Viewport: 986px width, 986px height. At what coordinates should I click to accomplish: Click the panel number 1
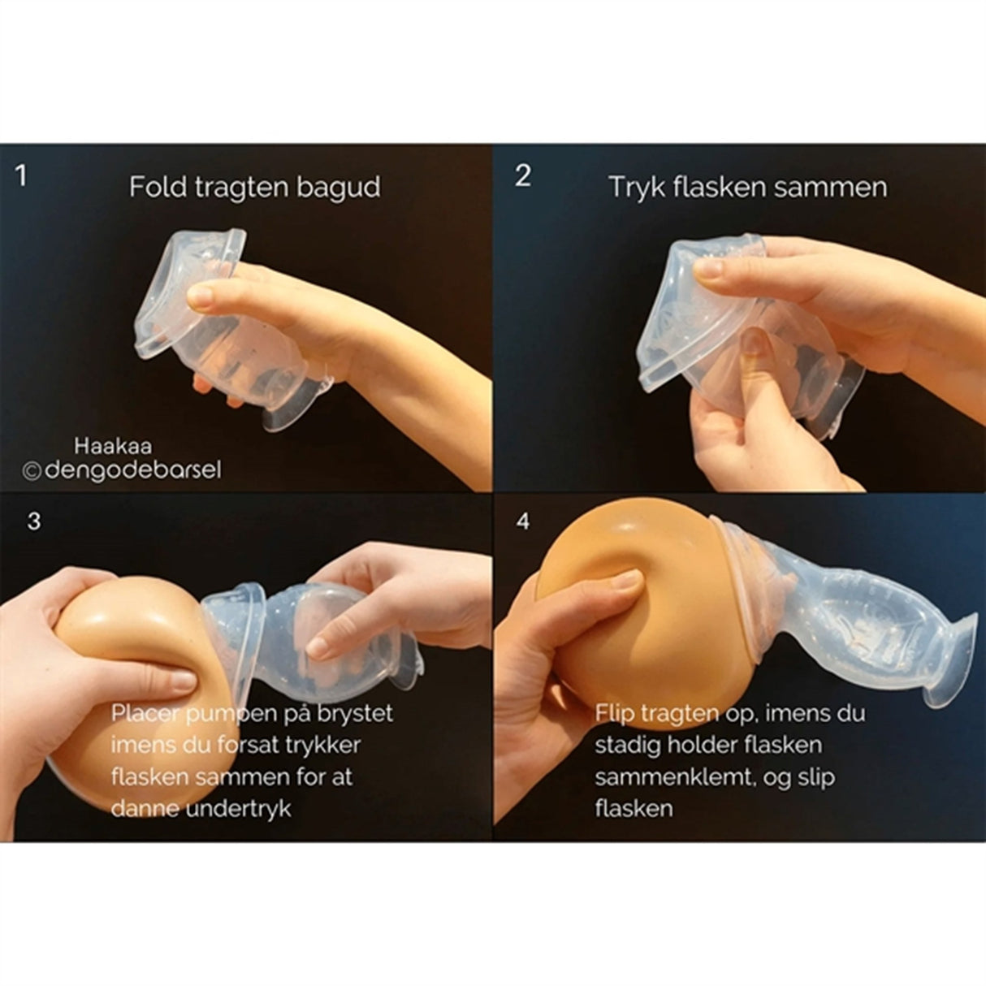tap(21, 175)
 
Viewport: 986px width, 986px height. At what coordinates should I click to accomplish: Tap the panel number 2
tap(523, 175)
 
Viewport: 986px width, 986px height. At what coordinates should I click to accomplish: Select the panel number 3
tap(33, 521)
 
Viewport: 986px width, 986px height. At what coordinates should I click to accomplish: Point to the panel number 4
tap(523, 521)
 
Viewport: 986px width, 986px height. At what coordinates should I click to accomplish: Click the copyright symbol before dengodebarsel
tap(32, 470)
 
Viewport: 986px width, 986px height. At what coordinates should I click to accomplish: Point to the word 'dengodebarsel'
tap(133, 470)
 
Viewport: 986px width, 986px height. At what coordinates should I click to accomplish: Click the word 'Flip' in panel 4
tap(612, 714)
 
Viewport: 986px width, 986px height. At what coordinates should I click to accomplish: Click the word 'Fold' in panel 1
tap(158, 188)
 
